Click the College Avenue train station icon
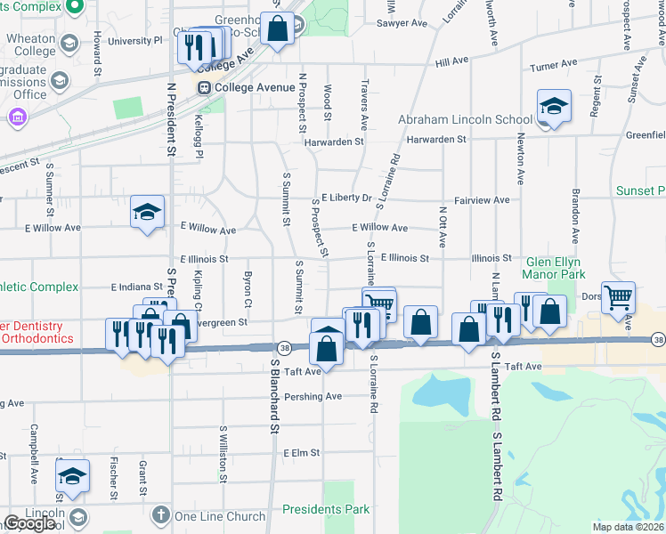tap(205, 87)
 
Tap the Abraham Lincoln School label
tap(465, 119)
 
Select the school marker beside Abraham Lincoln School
tap(553, 109)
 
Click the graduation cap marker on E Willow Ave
tap(147, 213)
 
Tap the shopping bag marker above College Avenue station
tap(278, 28)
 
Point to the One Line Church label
tap(220, 516)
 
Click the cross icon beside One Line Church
tap(160, 515)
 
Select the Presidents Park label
tap(325, 510)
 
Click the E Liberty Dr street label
tap(346, 198)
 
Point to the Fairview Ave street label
tap(483, 200)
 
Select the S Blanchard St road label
tap(275, 397)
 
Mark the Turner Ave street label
tap(552, 66)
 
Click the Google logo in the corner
tap(29, 523)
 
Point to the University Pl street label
tap(134, 41)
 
